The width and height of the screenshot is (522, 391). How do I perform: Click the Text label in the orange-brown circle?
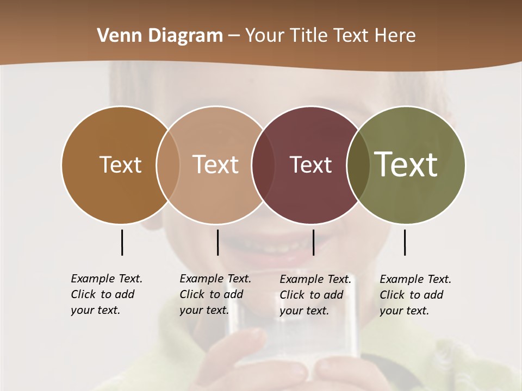120,165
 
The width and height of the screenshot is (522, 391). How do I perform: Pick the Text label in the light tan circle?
216,165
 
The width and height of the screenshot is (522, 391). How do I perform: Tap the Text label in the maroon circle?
310,165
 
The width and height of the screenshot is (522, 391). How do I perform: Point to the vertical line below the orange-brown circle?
122,242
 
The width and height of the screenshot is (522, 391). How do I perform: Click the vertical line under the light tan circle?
217,242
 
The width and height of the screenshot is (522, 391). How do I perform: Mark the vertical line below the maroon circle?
313,242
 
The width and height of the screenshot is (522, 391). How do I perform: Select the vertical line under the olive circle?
405,242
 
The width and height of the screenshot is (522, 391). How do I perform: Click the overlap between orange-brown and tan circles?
168,165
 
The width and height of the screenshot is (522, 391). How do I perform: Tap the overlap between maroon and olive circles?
358,165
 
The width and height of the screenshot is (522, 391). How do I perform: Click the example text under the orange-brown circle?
106,294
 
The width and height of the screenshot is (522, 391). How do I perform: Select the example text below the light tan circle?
215,294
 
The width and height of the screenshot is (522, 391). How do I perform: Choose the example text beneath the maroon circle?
315,295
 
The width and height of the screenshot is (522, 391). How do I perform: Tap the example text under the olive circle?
415,295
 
